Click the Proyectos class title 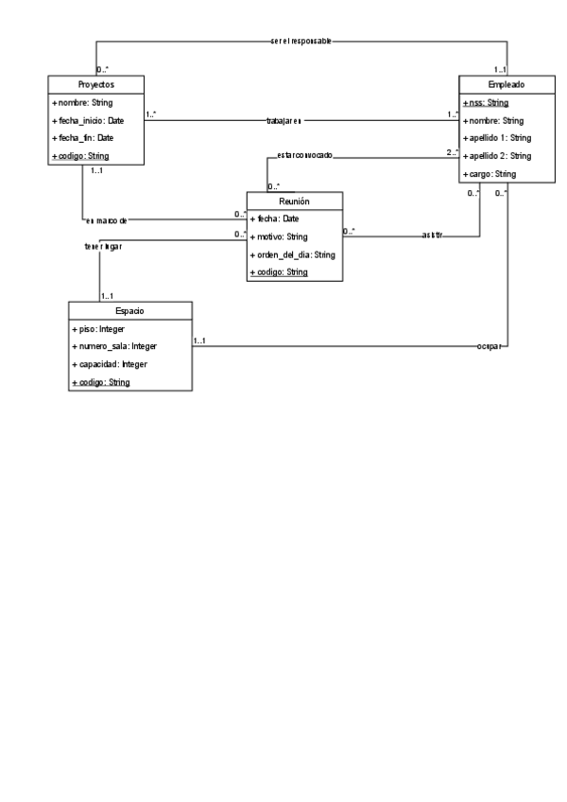pos(95,84)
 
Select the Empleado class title pos(507,84)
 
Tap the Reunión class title pos(294,201)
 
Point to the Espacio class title pos(130,310)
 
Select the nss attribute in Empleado pos(487,102)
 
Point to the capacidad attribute pos(110,364)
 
